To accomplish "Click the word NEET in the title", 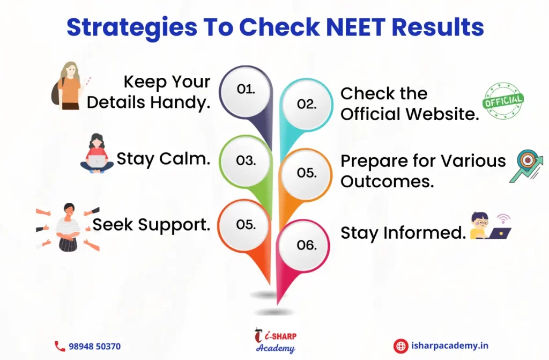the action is coord(355,27).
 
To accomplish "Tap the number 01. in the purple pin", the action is coord(246,89).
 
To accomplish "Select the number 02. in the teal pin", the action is coord(307,104).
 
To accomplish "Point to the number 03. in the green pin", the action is coord(246,160).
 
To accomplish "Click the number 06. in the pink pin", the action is coord(307,245).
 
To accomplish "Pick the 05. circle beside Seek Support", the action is coord(246,224).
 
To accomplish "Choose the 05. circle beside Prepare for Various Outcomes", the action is coord(307,173).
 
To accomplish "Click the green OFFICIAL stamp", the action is coord(503,101).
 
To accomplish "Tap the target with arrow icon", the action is coord(526,166).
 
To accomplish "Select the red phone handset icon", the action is coord(60,347).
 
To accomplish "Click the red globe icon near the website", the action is coord(400,346).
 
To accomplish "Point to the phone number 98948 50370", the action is coord(94,347).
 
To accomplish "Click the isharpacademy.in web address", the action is coord(450,346).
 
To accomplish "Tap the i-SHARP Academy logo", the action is coord(276,340).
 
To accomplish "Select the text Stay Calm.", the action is coord(163,159).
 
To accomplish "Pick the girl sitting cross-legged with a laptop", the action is coord(97,153).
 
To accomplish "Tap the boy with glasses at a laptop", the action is coord(490,226).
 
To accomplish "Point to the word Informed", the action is coord(425,232).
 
